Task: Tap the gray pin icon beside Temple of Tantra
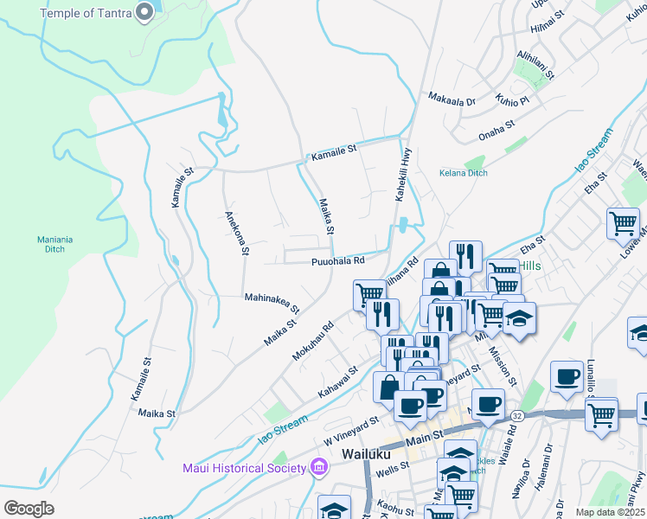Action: coord(145,12)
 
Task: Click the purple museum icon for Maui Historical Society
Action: coord(319,468)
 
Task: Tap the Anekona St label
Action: coord(236,234)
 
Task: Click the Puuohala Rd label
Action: coord(338,260)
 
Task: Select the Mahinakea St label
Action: coord(272,303)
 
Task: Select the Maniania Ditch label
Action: coord(56,245)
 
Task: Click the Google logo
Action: coord(29,508)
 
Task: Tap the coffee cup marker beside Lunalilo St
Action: coord(567,376)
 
